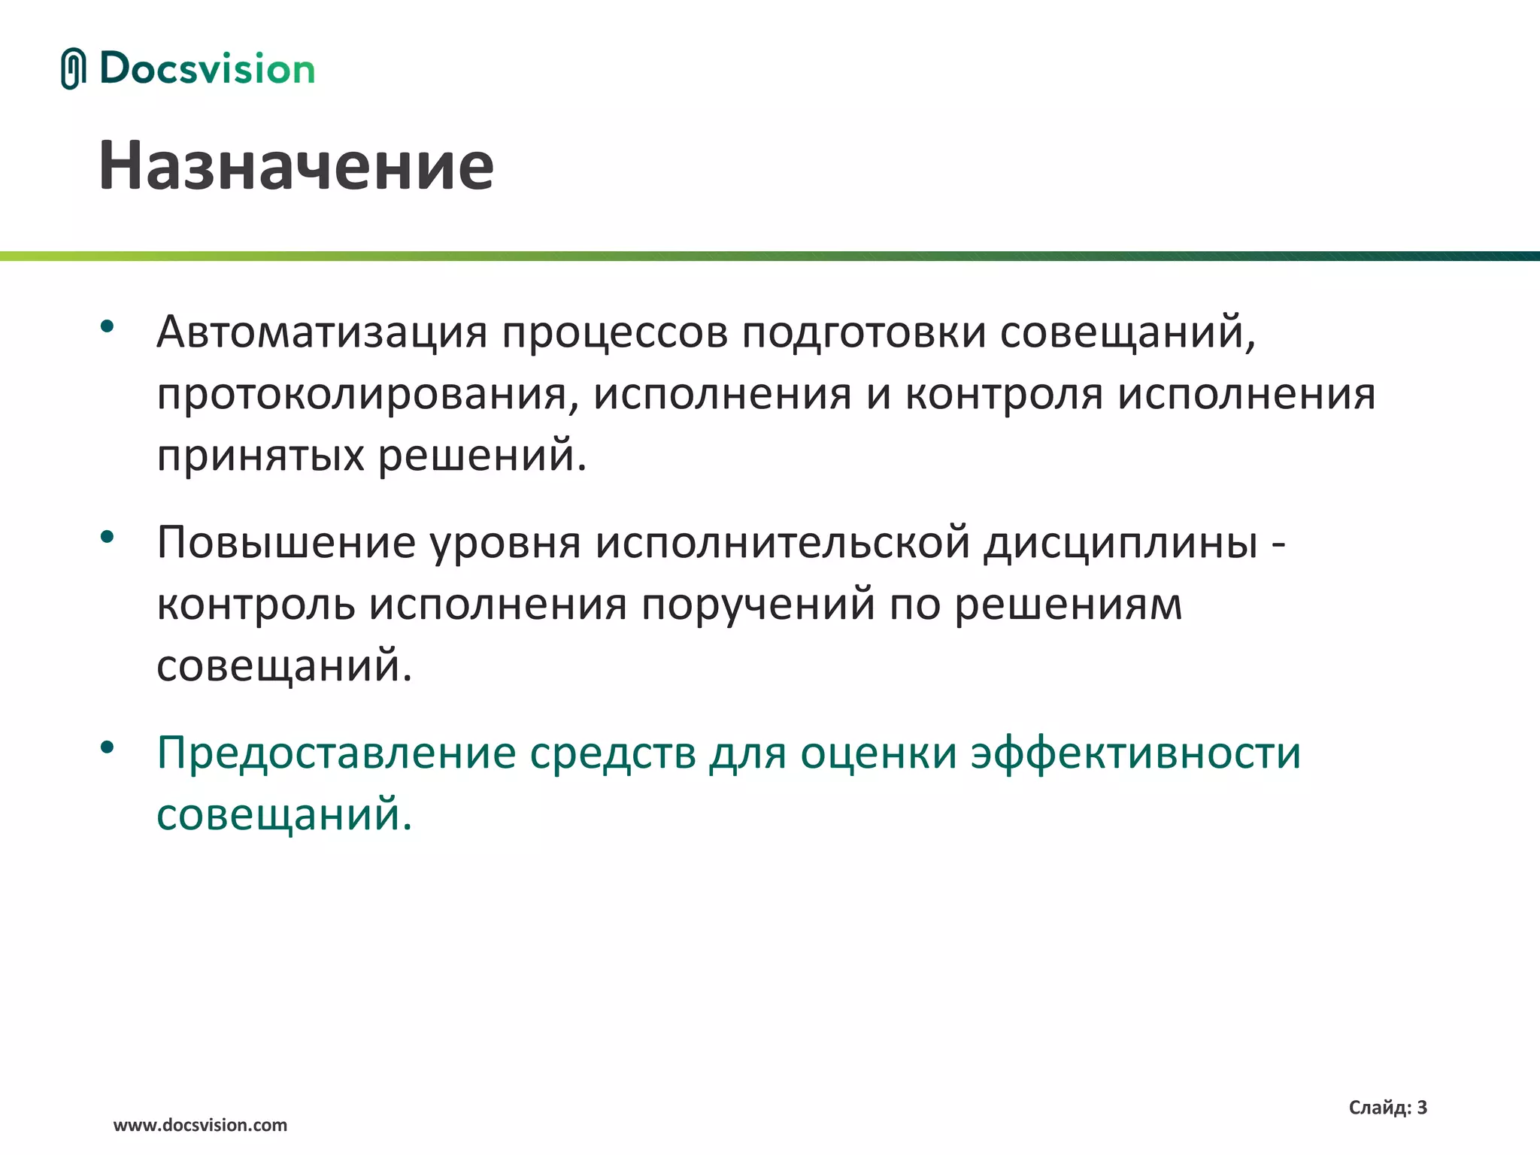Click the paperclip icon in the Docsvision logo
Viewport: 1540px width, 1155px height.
point(73,68)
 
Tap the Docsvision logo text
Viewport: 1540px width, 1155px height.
point(207,69)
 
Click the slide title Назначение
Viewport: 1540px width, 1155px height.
point(296,165)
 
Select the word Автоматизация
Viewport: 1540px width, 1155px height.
point(322,332)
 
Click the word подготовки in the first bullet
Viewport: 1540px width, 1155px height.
point(863,332)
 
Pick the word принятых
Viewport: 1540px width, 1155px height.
point(260,456)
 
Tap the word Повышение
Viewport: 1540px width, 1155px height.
point(286,542)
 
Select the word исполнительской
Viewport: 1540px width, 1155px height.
point(782,542)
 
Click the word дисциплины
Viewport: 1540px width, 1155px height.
point(1120,542)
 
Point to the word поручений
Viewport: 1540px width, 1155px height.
point(758,605)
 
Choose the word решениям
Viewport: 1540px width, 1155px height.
point(1068,605)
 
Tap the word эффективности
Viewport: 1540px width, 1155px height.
point(1135,753)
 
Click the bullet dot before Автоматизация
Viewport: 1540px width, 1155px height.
point(107,326)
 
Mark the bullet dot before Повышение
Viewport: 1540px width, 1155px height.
point(107,537)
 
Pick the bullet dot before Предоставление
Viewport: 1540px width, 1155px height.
point(107,747)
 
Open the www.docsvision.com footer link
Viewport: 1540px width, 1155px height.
point(200,1125)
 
